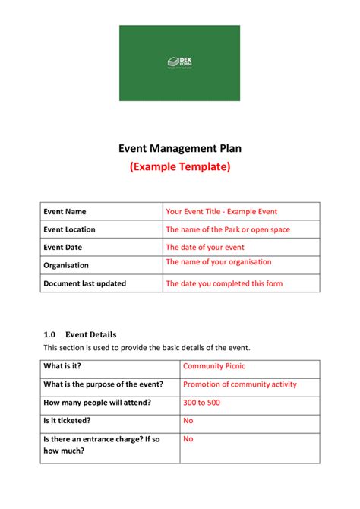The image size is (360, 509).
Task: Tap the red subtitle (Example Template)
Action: (179, 166)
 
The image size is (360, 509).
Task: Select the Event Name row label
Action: (65, 211)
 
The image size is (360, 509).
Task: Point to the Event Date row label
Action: (63, 248)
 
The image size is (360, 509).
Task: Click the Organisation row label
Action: (66, 266)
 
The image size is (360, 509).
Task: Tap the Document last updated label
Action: (84, 283)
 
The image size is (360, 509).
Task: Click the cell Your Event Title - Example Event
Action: (221, 211)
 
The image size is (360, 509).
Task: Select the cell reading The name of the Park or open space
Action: (228, 229)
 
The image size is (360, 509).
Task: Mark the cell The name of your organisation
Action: (218, 262)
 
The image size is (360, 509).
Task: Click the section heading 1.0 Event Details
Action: (80, 334)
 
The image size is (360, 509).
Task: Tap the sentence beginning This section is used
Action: (147, 347)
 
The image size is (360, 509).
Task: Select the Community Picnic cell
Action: (214, 366)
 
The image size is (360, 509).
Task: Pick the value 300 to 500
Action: (201, 402)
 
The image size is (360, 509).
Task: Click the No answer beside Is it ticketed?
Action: (188, 420)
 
